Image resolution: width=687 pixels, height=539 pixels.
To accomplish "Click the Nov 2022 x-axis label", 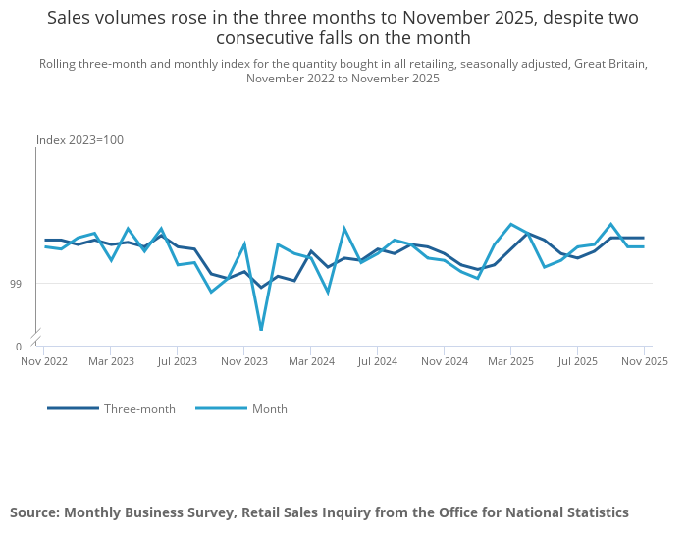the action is [x=44, y=361].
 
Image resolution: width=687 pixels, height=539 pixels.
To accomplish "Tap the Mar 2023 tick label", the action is [x=111, y=361].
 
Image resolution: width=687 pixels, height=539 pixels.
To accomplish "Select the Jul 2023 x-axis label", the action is [x=178, y=361].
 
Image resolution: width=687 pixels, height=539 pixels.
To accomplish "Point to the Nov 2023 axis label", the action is [x=244, y=361].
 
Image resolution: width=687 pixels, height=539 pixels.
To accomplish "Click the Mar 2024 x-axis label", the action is [x=311, y=361].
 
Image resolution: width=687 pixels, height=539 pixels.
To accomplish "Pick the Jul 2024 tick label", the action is [x=378, y=361].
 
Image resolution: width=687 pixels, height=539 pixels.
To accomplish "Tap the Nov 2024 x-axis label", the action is [x=445, y=361].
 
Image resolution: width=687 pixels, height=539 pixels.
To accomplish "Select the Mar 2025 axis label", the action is [x=511, y=361].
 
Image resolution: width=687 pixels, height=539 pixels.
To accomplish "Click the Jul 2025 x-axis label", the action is [x=577, y=361].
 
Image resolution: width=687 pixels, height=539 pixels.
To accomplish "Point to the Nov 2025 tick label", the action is [x=645, y=361].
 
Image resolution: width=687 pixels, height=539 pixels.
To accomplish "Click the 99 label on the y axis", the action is [x=16, y=284].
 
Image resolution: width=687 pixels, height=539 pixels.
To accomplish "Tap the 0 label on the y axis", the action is [x=19, y=347].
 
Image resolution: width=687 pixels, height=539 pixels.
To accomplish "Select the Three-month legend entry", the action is [x=111, y=408].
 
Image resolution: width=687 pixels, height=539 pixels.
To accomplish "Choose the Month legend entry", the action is [x=241, y=408].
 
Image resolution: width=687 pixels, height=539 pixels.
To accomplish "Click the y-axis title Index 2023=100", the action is [x=79, y=140].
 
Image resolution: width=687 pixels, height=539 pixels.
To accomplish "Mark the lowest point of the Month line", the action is [x=262, y=330].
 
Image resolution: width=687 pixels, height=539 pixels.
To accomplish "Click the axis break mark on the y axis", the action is [x=36, y=337].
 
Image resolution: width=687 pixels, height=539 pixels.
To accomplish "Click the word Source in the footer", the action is [x=35, y=512].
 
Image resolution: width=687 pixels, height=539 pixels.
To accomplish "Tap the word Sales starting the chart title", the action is [x=67, y=18].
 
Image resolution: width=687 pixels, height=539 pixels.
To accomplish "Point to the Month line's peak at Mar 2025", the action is [x=511, y=225].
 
